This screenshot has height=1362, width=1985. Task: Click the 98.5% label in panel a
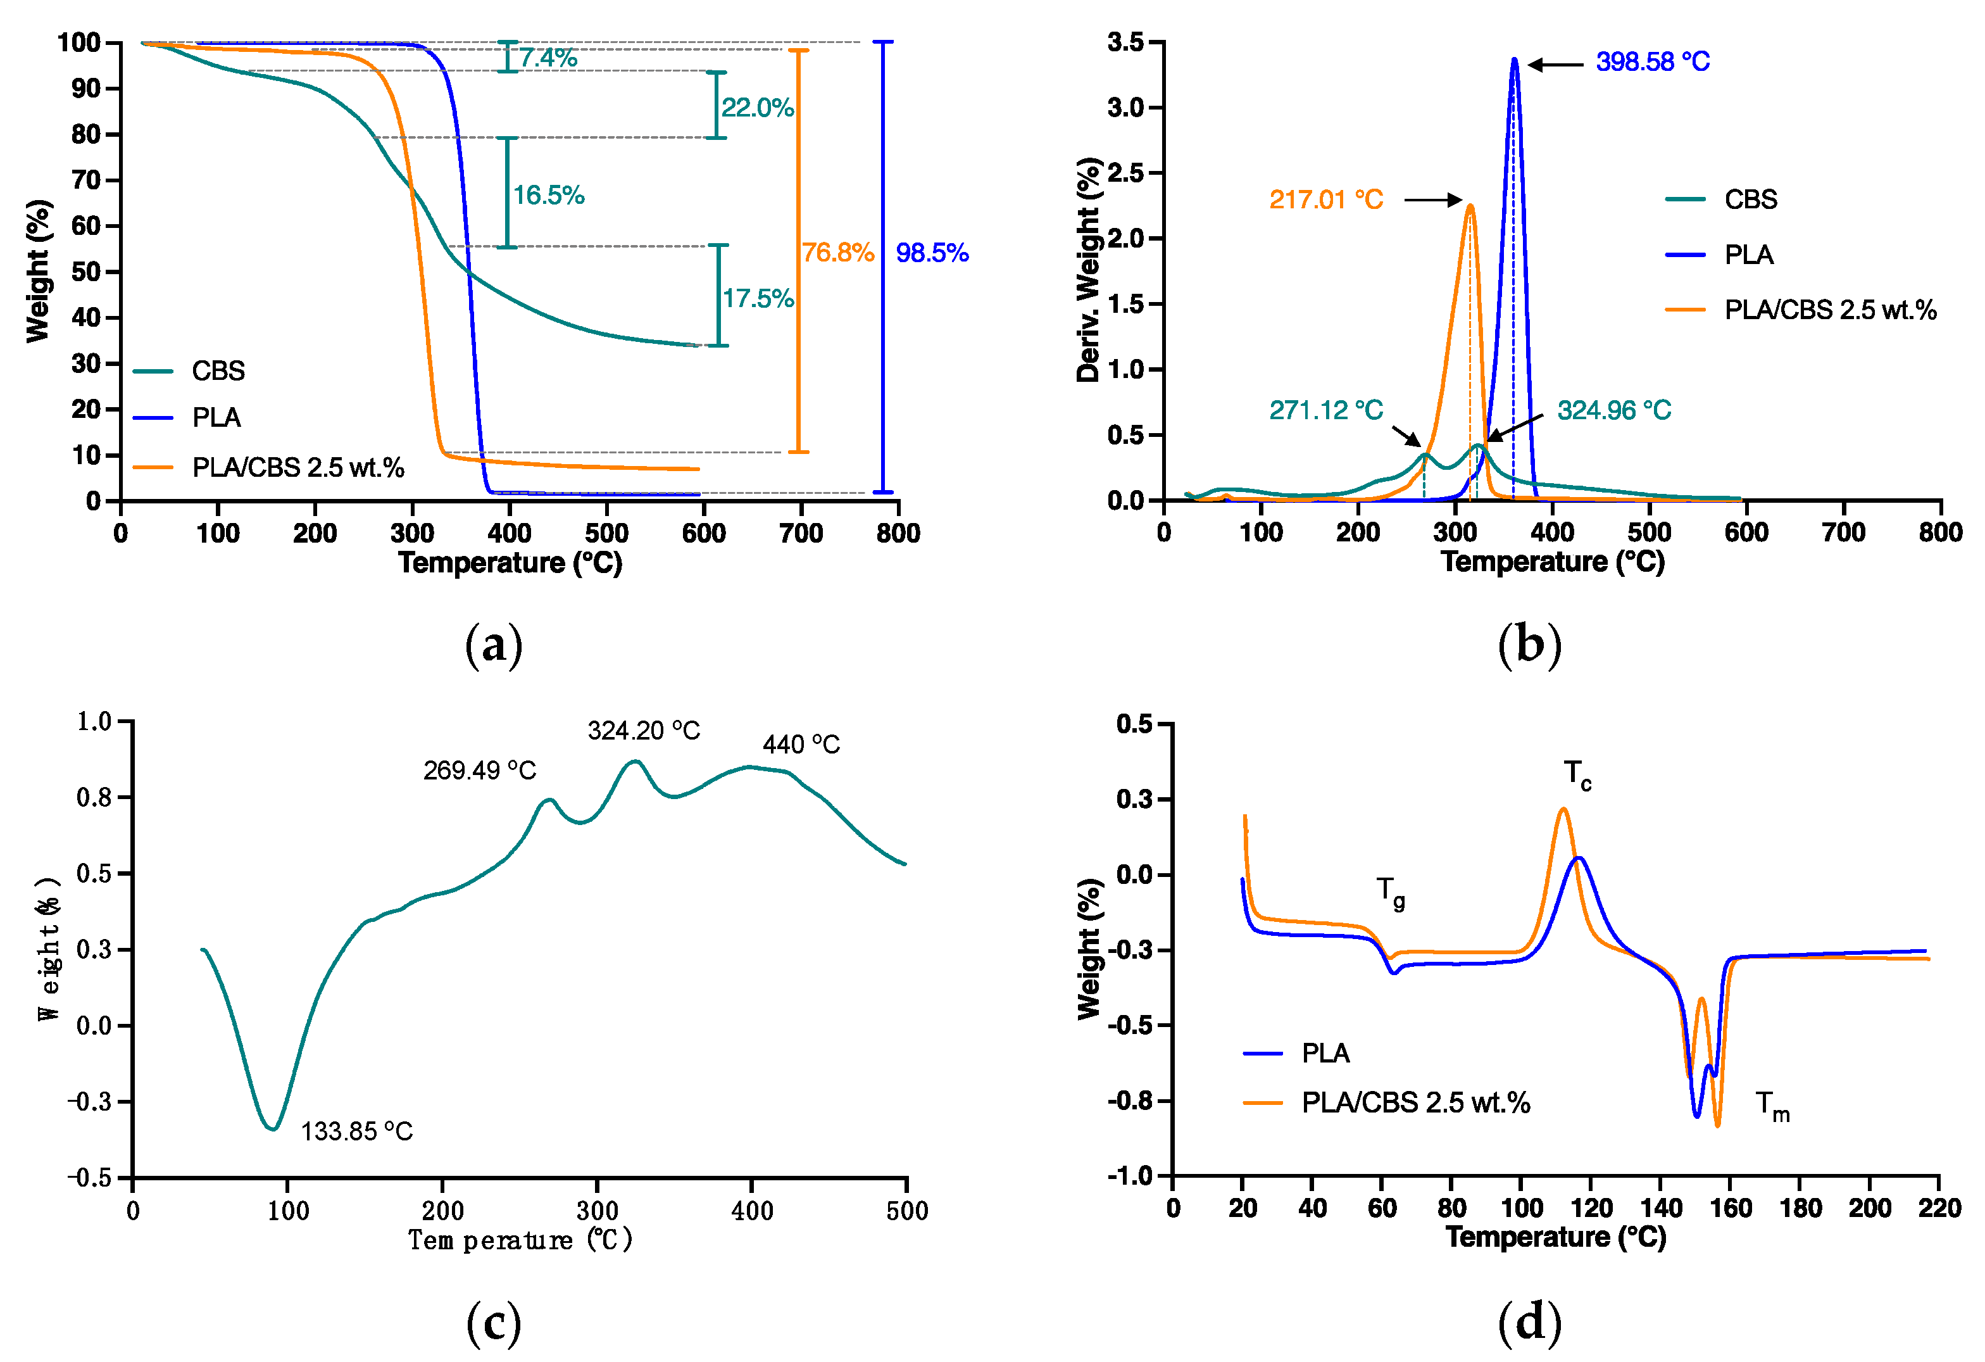(931, 253)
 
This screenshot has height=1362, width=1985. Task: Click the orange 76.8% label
(837, 253)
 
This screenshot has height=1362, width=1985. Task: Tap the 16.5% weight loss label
(548, 196)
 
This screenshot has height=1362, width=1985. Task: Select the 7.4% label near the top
(548, 58)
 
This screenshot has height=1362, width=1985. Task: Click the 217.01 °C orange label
(1325, 200)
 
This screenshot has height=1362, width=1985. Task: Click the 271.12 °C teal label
(1325, 411)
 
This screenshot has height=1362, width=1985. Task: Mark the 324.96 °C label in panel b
(1613, 411)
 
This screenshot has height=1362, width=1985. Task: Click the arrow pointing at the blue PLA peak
(1555, 64)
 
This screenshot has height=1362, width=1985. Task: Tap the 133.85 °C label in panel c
(356, 1132)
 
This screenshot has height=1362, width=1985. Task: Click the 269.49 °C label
(479, 771)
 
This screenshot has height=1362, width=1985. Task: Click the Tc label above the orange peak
(1577, 774)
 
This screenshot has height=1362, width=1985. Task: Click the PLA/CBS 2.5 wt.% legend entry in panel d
(1415, 1103)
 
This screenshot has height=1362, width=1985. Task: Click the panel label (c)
(494, 1323)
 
